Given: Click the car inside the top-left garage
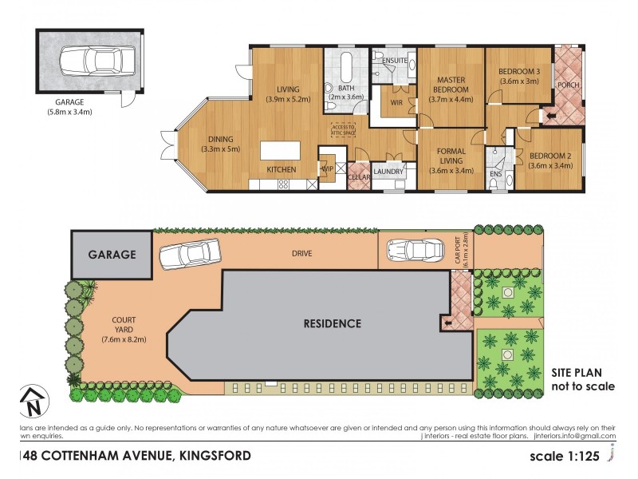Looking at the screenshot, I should [x=89, y=60].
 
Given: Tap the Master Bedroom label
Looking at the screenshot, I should [x=451, y=85].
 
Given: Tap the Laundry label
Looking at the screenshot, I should [x=389, y=172].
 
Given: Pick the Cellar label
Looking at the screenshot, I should [x=359, y=177].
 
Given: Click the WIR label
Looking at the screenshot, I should [x=396, y=101].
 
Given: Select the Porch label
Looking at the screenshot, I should [x=568, y=85].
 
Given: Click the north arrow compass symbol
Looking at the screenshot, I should [x=30, y=402].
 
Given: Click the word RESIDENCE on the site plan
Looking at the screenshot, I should [x=333, y=323].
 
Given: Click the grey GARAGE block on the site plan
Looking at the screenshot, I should [x=112, y=255].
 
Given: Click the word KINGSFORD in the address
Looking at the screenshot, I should [x=211, y=456].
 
